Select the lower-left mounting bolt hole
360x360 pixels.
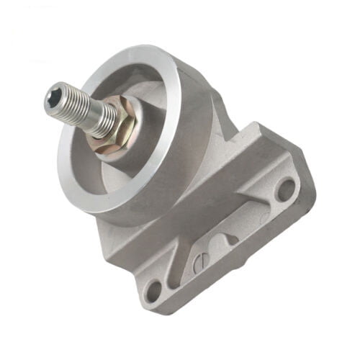pos(153,292)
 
